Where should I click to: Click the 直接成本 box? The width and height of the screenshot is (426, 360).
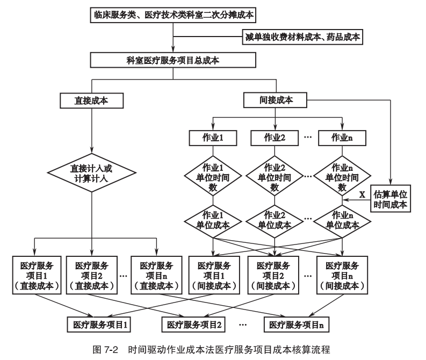pos(92,100)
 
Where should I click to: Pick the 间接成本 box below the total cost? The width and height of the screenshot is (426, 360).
pos(276,100)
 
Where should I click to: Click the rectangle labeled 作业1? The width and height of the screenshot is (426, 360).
pos(213,138)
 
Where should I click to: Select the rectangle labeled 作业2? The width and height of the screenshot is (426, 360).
pos(275,138)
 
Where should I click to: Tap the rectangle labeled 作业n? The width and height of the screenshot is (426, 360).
pos(342,138)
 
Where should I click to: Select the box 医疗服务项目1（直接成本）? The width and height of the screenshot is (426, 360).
pos(37,274)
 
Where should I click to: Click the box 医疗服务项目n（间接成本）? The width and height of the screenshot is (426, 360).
pos(342,274)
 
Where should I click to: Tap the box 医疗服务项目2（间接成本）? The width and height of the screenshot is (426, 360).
pos(275,274)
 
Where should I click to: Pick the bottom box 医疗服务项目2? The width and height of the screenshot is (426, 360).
pos(194,325)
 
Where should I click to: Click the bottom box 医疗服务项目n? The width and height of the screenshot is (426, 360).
pos(297,325)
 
